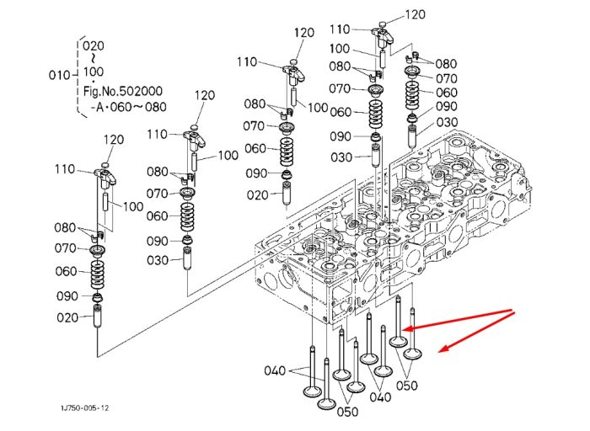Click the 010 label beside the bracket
point(60,75)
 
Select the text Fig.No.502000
point(123,91)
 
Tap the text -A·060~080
point(128,107)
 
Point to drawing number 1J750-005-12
point(85,408)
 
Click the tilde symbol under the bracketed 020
point(93,58)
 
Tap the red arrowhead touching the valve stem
point(407,329)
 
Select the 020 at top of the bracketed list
point(94,45)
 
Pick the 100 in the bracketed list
point(94,72)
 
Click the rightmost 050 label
point(407,386)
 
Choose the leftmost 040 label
point(275,371)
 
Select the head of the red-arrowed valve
point(398,342)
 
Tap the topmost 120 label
point(415,14)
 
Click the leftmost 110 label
point(65,169)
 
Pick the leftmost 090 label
point(67,296)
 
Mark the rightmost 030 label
point(447,122)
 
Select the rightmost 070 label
point(446,78)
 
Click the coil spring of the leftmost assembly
point(98,274)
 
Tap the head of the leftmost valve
point(313,391)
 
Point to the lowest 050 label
point(347,412)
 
